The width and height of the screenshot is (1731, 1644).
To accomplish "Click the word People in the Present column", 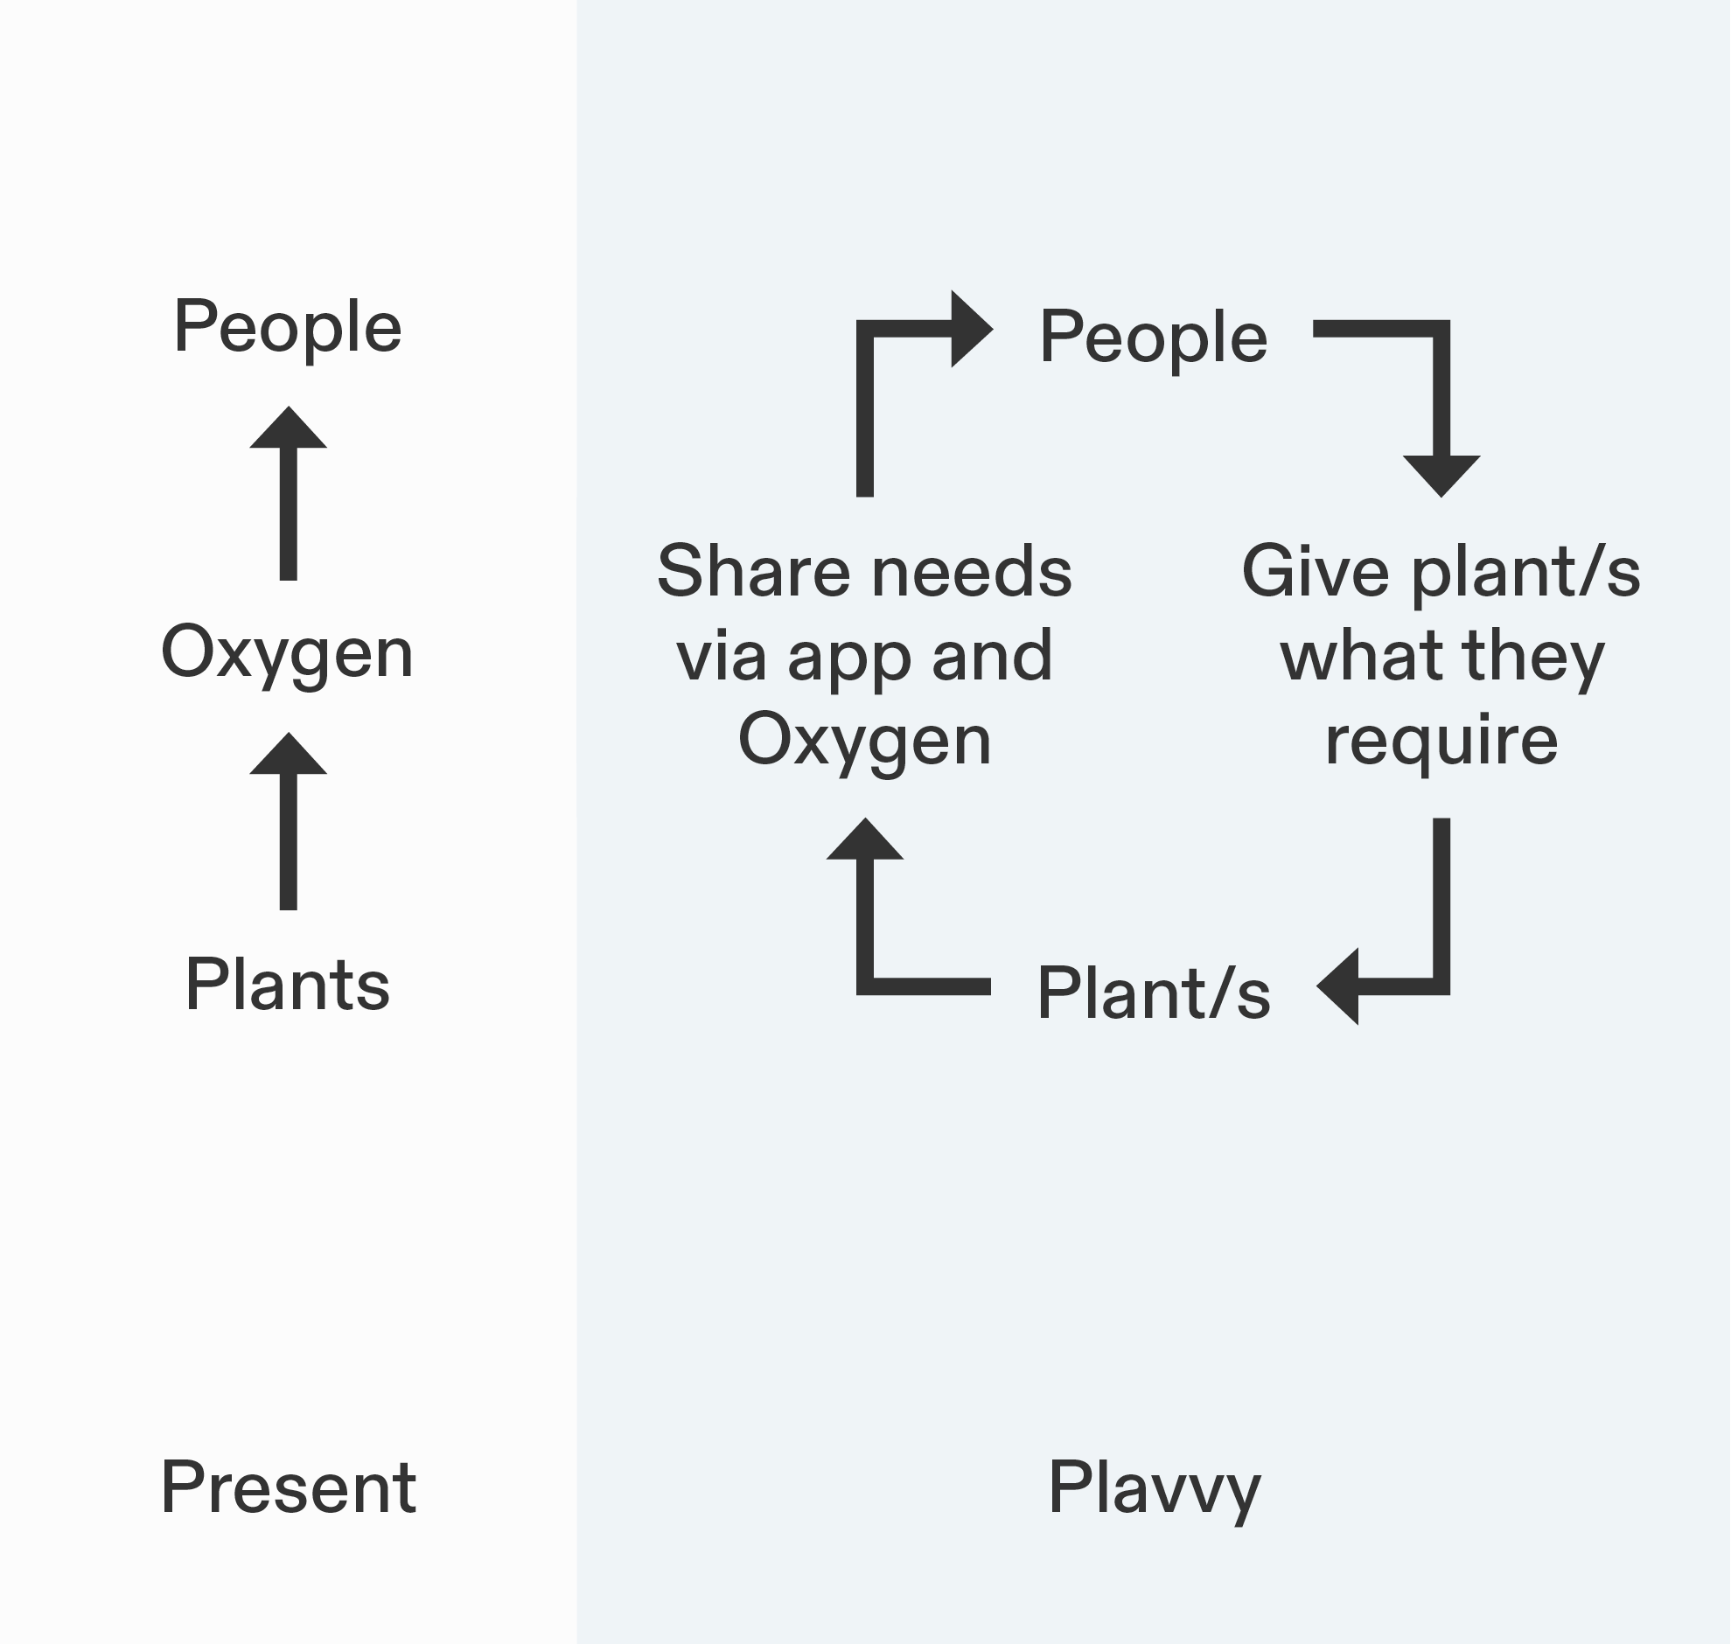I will (288, 327).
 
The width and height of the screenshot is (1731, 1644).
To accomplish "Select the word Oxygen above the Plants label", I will (288, 653).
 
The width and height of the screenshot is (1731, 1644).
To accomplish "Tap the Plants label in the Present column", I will (288, 984).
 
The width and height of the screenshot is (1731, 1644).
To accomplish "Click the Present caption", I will (289, 1487).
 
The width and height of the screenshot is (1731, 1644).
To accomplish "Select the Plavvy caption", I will (1154, 1487).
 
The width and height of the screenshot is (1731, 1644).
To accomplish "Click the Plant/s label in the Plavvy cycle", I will (1154, 993).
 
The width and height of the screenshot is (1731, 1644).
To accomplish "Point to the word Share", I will (753, 570).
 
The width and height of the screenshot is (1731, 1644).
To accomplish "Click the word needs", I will (972, 570).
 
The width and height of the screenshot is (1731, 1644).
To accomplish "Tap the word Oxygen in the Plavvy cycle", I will (864, 741).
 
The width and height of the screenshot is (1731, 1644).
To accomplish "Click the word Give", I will (1316, 570).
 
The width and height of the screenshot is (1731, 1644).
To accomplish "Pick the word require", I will (1441, 741).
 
